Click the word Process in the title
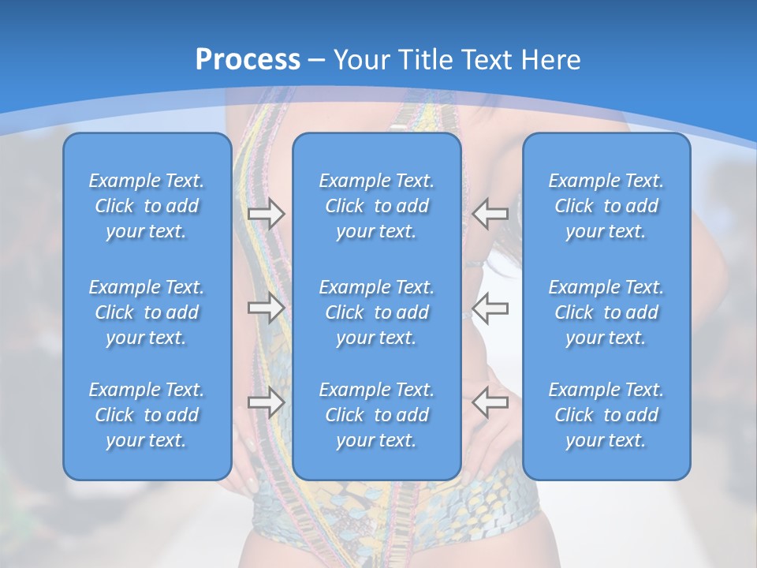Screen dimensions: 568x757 click(x=248, y=60)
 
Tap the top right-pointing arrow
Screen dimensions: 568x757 click(x=266, y=213)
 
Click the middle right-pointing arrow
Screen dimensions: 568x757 click(x=266, y=307)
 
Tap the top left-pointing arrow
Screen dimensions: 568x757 click(x=490, y=213)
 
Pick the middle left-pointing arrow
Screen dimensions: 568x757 click(x=490, y=307)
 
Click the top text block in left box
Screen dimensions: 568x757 click(x=147, y=206)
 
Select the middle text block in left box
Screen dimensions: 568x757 click(x=147, y=312)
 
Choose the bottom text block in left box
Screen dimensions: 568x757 click(x=147, y=415)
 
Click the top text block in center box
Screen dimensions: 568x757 click(x=377, y=206)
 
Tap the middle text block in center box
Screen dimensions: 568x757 click(x=377, y=312)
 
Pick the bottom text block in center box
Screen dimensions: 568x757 click(x=377, y=415)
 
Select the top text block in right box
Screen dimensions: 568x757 click(x=606, y=206)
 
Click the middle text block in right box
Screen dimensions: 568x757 click(x=606, y=312)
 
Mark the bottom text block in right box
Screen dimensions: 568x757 click(x=606, y=415)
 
